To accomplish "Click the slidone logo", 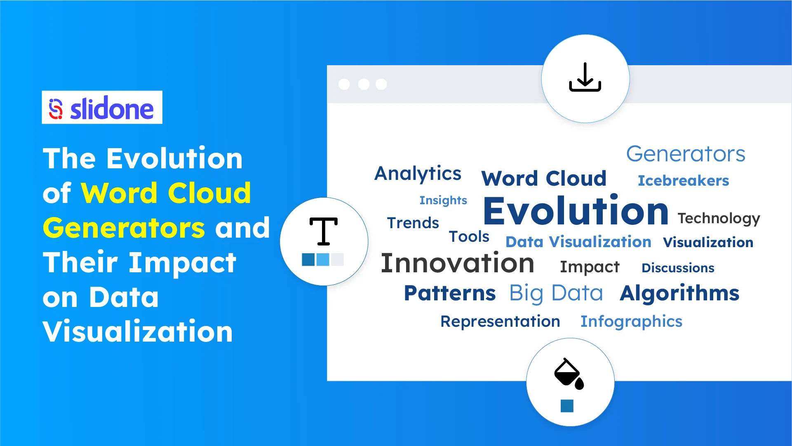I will [x=102, y=108].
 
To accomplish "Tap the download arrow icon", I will [x=585, y=78].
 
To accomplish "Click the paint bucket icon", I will [x=569, y=373].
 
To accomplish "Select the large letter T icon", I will [x=323, y=231].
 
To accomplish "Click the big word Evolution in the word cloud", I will [x=575, y=211].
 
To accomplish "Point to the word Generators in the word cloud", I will [x=685, y=154].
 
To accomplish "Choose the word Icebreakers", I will [x=683, y=181].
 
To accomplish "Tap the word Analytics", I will [x=418, y=173].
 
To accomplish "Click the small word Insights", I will [x=443, y=200].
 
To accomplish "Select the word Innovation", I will [x=457, y=263].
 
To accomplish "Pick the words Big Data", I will [x=556, y=293].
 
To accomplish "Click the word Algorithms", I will [x=679, y=293].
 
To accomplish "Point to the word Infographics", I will [x=631, y=321].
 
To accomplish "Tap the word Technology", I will [x=718, y=218].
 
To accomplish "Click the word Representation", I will [x=500, y=321].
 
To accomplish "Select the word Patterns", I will [x=449, y=293].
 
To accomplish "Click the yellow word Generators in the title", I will [x=124, y=228].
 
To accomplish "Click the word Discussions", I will [x=677, y=268].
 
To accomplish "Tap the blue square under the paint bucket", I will [x=567, y=406].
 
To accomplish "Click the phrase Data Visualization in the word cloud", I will [x=578, y=242].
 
